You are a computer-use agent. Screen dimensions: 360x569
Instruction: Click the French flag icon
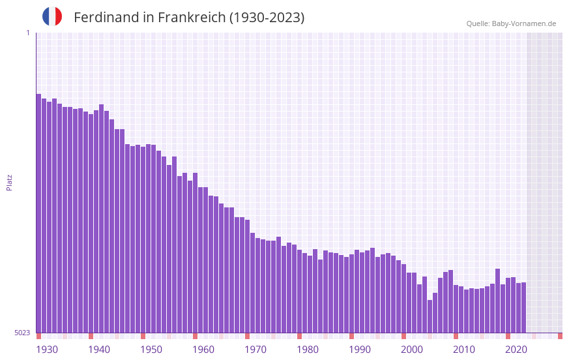52,17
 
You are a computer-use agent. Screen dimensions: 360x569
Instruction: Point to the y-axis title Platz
9,182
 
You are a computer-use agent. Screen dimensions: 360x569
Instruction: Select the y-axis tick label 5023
22,333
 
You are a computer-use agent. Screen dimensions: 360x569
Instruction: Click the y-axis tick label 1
27,33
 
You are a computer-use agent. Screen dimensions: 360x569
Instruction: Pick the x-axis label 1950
151,350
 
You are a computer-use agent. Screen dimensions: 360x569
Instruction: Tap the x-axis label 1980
308,350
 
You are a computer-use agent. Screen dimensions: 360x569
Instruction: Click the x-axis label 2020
516,350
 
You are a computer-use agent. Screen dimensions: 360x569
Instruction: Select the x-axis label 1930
47,350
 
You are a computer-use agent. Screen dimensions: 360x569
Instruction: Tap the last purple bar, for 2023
523,307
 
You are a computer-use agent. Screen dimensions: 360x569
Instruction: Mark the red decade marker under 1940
91,336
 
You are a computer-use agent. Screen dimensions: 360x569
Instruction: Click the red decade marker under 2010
456,336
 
